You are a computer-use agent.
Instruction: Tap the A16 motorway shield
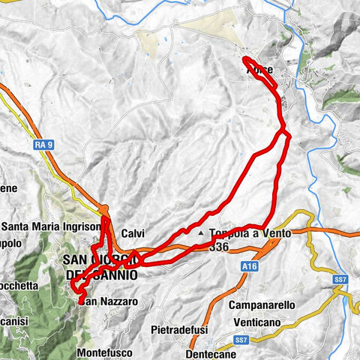pyautogui.click(x=250, y=265)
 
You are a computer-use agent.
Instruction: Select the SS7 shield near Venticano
pyautogui.click(x=241, y=340)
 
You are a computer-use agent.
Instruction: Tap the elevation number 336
pyautogui.click(x=219, y=246)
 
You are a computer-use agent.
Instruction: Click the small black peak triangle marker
pyautogui.click(x=200, y=233)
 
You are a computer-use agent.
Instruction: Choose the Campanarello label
pyautogui.click(x=264, y=306)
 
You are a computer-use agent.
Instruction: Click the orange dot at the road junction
pyautogui.click(x=106, y=209)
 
